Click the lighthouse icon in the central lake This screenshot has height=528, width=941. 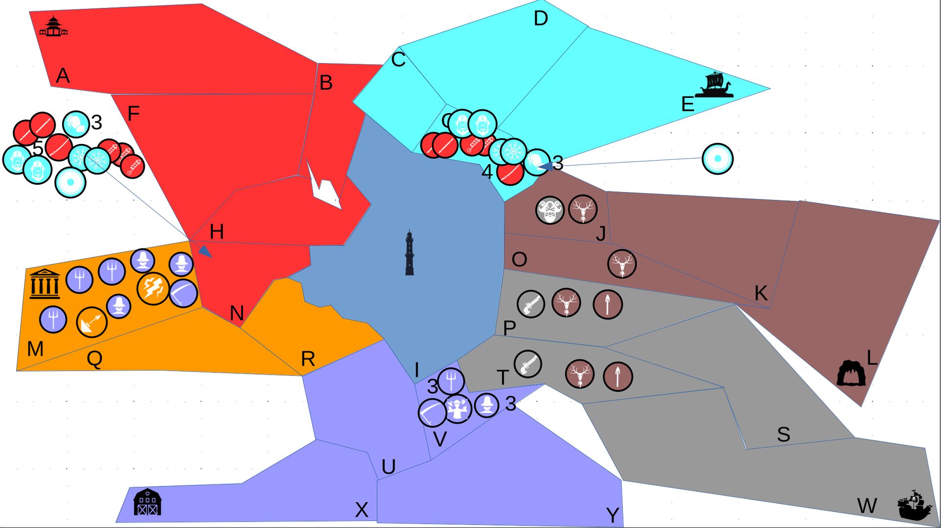click(409, 253)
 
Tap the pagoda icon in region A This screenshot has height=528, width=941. click(53, 27)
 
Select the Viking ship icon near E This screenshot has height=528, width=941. click(715, 85)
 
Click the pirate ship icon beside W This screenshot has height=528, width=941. click(914, 505)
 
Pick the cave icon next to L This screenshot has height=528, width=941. click(851, 374)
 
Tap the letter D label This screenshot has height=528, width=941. click(540, 19)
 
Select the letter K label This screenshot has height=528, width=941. click(761, 293)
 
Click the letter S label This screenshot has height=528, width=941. click(783, 434)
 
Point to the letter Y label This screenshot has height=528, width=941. click(613, 515)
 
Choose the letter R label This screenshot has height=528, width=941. click(308, 359)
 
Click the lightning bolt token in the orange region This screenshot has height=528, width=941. click(153, 288)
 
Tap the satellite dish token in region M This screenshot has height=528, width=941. click(92, 322)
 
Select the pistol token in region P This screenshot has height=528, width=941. click(530, 304)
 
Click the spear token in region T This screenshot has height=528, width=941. click(618, 377)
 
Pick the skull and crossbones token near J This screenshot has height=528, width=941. click(550, 211)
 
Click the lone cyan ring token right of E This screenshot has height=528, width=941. click(718, 159)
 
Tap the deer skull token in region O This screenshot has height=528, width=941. click(622, 264)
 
